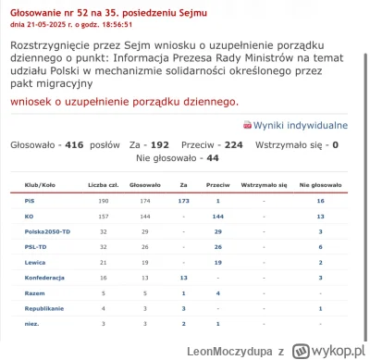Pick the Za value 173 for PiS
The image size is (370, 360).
tap(183, 200)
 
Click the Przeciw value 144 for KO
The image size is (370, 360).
tap(217, 215)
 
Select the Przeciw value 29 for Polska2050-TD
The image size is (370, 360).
tap(217, 230)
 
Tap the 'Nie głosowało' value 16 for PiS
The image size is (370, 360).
tap(320, 200)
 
